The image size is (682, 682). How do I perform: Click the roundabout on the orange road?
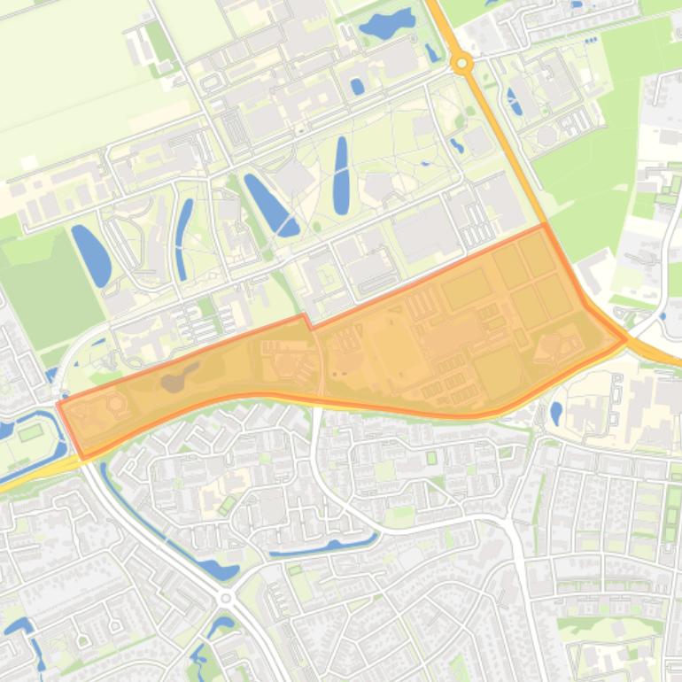coord(461,63)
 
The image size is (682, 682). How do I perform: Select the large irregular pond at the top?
coord(387,23)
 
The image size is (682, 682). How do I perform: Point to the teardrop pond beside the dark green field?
coord(90,254)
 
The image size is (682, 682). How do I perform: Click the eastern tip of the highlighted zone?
coord(625,338)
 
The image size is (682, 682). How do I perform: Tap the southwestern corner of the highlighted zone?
coord(85,456)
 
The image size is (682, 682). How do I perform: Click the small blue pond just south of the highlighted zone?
coord(555,413)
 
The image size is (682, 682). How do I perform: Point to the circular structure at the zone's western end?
coord(113,406)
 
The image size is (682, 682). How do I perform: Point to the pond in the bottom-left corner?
coord(18,628)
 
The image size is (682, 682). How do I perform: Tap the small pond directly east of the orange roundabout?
coord(515,100)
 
